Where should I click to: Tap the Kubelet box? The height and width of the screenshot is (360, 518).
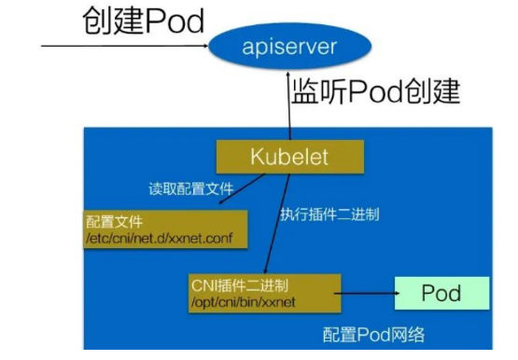click(x=289, y=156)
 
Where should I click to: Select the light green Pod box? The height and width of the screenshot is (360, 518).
click(x=441, y=294)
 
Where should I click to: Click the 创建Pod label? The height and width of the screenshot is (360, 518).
click(x=143, y=20)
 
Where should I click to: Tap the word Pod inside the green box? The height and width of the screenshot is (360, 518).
click(x=441, y=294)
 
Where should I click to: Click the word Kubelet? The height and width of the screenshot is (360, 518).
click(x=289, y=156)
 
